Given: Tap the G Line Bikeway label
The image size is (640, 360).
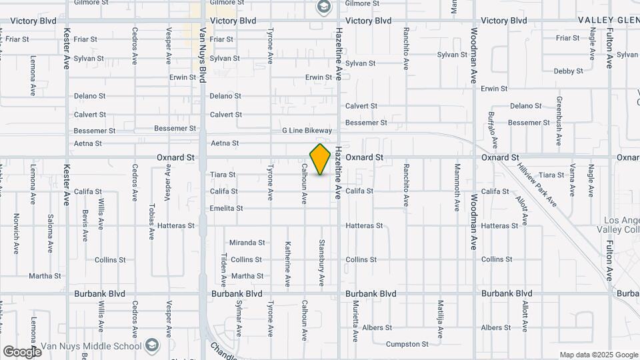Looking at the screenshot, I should [307, 131].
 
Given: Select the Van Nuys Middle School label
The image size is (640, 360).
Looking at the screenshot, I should [100, 346].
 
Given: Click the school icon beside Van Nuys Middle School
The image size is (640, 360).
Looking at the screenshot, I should [153, 345].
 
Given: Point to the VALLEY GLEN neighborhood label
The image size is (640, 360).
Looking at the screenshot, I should [607, 21].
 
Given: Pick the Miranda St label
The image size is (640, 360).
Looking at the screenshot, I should [247, 243].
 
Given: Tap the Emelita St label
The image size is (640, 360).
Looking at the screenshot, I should [226, 209].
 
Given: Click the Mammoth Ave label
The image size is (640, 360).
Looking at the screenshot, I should [457, 187].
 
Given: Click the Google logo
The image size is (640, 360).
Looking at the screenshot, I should [22, 351].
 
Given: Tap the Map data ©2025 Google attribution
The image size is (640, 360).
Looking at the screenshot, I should [598, 355].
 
